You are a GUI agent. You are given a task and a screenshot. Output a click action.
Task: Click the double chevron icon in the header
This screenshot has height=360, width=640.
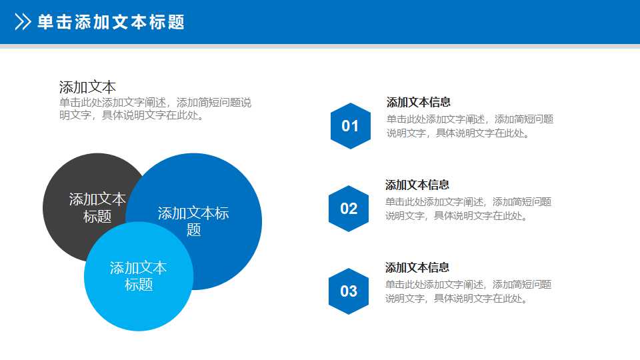[x=23, y=23]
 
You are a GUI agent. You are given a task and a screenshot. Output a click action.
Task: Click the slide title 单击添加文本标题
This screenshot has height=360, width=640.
[x=111, y=23]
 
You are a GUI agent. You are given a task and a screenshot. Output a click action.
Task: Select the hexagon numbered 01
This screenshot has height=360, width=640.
[x=350, y=125]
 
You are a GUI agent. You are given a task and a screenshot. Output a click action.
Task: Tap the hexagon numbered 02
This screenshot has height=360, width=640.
[x=349, y=209]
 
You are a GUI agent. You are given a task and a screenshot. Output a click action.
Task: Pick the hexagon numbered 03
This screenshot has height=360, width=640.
[x=349, y=291]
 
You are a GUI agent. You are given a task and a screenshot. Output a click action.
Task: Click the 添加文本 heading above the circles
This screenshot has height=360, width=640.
[x=87, y=87]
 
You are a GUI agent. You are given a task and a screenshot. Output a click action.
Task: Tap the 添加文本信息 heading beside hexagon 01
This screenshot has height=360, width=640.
[x=419, y=102]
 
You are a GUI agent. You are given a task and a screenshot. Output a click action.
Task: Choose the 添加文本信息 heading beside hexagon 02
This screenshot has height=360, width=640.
[x=417, y=185]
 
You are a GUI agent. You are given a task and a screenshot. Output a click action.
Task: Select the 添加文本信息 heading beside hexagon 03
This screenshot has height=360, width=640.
[x=417, y=267]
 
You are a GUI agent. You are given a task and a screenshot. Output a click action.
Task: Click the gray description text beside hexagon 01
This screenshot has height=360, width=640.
[x=470, y=126]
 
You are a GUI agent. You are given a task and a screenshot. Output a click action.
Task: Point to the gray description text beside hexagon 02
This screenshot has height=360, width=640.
[x=468, y=209]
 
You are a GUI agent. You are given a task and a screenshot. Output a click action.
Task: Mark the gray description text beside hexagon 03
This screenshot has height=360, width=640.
[x=468, y=291]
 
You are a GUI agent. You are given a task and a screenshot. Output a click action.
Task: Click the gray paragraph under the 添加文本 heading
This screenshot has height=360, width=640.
[x=155, y=109]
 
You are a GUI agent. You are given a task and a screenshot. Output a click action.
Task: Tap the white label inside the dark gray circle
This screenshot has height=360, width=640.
[x=97, y=207]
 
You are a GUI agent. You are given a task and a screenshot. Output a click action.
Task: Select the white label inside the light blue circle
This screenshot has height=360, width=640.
[x=138, y=276]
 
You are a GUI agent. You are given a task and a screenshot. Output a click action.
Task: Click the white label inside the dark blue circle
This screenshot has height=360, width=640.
[x=193, y=221]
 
